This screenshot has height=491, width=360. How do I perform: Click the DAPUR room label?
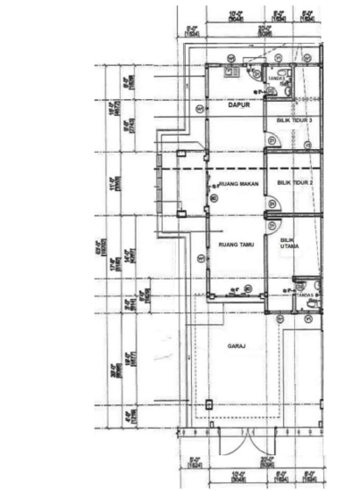pyautogui.click(x=237, y=104)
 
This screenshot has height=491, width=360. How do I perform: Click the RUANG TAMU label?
pyautogui.click(x=235, y=243)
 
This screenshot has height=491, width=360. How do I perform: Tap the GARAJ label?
pyautogui.click(x=236, y=345)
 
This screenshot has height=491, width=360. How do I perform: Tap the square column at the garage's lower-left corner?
pyautogui.click(x=209, y=404)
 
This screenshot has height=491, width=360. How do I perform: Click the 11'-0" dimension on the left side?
pyautogui.click(x=113, y=186)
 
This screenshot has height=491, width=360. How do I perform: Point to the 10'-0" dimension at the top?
pyautogui.click(x=237, y=13)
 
